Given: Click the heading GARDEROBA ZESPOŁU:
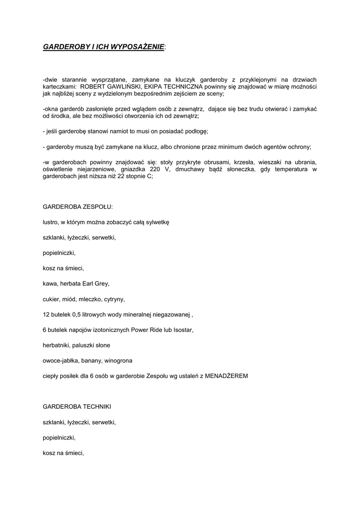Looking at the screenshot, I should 77,207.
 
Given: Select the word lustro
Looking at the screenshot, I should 51,222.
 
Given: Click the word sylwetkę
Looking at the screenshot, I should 156,222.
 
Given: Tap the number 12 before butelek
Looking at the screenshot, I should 46,315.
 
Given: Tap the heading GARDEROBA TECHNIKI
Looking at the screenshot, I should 77,407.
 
